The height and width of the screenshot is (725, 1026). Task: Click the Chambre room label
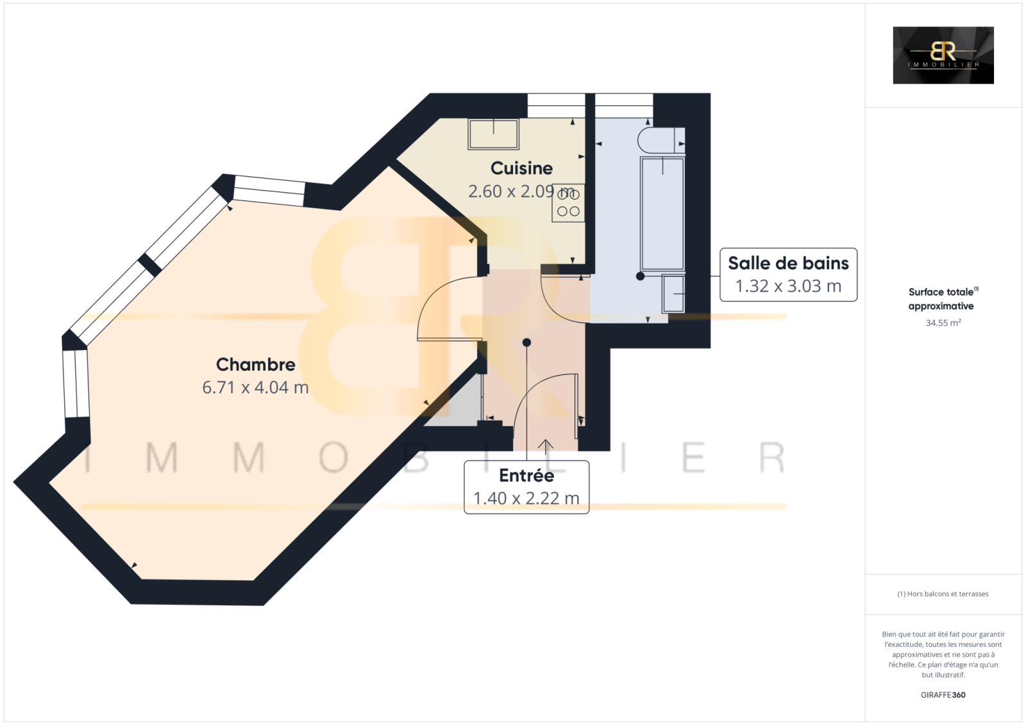tap(256, 365)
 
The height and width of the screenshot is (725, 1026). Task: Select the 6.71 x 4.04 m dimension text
tap(256, 387)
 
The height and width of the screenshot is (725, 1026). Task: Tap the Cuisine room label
tap(521, 168)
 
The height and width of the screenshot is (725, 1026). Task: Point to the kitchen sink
tap(493, 134)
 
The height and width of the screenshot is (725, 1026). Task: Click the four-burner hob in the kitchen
tap(568, 203)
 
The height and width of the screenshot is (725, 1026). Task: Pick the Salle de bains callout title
tap(788, 263)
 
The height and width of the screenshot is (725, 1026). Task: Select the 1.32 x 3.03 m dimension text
tap(788, 287)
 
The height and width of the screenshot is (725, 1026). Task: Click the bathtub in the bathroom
tap(662, 213)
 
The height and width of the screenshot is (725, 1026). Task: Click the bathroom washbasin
tap(673, 294)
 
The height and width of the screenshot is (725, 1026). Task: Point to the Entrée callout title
tap(526, 476)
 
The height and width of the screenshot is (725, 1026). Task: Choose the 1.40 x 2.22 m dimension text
tap(526, 498)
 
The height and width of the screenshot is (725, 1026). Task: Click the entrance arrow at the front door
tap(546, 447)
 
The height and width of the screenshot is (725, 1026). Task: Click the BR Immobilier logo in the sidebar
tap(943, 55)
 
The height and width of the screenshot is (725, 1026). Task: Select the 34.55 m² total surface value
tap(943, 322)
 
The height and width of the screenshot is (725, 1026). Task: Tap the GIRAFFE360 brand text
tap(943, 695)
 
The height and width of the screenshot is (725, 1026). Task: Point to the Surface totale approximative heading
tap(943, 299)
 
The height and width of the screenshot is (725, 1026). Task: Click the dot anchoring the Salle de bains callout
tap(641, 276)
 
